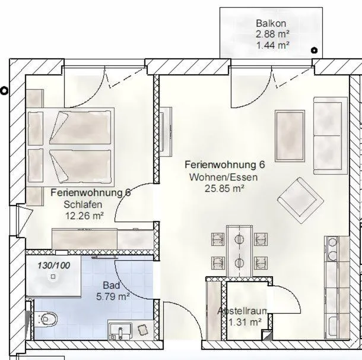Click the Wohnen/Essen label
coord(217,177)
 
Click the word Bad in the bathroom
coord(111,285)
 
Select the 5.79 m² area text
coord(113,295)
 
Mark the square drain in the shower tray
coord(53,276)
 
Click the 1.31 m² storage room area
coord(245,322)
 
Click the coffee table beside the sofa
coord(290,136)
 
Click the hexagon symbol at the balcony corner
coord(315,52)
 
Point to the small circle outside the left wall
coord(5,91)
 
